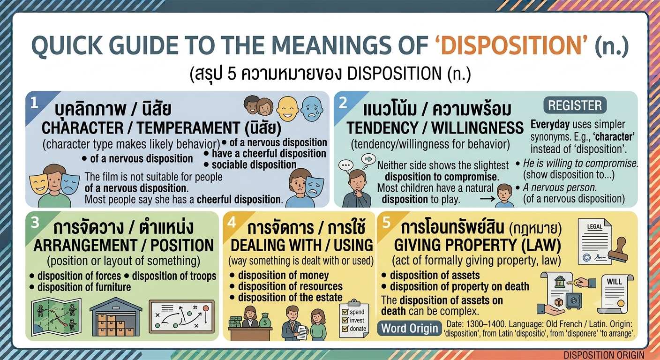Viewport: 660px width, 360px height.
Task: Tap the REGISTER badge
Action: click(x=575, y=105)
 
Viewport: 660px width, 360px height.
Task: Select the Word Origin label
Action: click(x=410, y=328)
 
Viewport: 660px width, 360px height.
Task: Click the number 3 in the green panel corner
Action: click(x=35, y=223)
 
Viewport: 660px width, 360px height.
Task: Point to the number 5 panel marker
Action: click(x=386, y=223)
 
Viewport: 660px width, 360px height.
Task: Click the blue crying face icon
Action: click(x=312, y=109)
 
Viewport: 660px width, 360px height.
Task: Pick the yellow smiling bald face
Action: click(x=288, y=109)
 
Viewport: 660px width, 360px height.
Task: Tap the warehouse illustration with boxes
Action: click(x=116, y=317)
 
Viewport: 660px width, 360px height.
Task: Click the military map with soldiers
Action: click(x=56, y=317)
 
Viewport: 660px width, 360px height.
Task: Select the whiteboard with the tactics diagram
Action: click(x=181, y=316)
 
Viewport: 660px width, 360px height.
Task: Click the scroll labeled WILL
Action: click(x=615, y=294)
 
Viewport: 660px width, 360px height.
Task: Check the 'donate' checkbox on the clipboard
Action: click(x=345, y=329)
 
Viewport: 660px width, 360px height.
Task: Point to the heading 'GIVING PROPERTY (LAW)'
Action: click(x=477, y=245)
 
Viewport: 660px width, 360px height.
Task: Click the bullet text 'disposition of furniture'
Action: click(x=84, y=287)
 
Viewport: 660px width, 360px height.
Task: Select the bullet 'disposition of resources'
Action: click(x=290, y=286)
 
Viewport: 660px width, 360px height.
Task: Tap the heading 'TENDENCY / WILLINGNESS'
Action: click(x=435, y=128)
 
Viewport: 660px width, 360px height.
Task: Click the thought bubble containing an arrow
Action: click(x=368, y=159)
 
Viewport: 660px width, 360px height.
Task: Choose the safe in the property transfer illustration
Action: click(x=574, y=300)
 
